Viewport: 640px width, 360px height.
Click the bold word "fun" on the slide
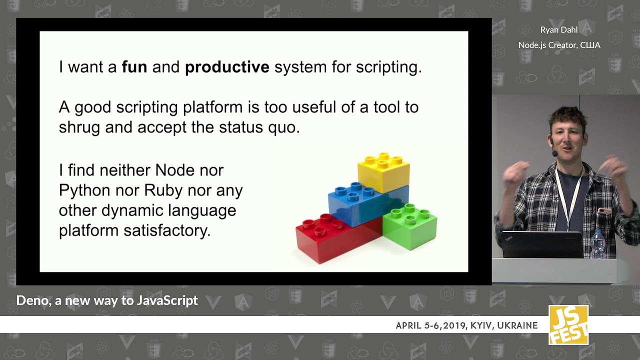134,67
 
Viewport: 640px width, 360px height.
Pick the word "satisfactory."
167,230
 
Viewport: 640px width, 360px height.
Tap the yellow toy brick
383,172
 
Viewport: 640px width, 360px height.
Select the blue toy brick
368,203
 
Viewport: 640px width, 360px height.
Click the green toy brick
410,227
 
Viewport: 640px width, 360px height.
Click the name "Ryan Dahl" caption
559,30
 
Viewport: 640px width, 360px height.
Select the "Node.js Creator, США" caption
559,45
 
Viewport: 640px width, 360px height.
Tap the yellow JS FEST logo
568,325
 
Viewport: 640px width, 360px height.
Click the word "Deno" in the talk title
33,301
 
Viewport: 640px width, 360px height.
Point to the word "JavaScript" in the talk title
167,301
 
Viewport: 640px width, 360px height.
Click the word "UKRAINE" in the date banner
517,325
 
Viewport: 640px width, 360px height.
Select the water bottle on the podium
597,244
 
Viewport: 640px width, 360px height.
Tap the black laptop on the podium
542,245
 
